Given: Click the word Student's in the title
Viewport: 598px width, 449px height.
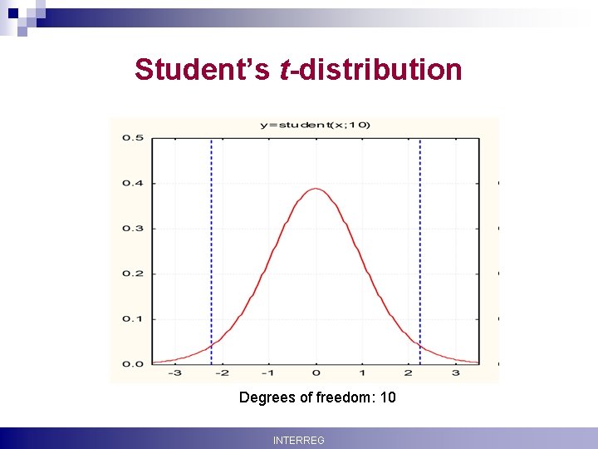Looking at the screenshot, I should (202, 70).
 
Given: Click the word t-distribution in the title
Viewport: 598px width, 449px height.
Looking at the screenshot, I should (370, 70).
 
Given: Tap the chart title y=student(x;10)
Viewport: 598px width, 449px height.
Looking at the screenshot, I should (316, 125).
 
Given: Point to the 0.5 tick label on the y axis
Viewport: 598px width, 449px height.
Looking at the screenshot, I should (132, 138).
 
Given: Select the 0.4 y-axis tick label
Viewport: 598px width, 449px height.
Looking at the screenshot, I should (132, 183).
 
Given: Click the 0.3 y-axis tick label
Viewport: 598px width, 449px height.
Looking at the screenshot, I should (132, 228).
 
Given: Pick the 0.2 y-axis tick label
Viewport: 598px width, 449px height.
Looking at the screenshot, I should (132, 274).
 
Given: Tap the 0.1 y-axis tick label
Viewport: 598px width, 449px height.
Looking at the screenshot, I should (132, 318).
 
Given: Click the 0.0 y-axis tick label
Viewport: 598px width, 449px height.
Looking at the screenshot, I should (132, 364).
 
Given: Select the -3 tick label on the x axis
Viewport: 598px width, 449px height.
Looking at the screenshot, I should (174, 374).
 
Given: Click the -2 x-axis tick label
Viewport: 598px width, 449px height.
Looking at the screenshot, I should (222, 374).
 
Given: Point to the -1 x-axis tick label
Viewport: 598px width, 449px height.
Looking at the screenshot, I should (268, 374).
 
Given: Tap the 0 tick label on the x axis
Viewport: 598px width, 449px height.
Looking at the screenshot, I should (316, 374).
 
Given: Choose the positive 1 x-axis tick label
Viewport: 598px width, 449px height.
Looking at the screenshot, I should (362, 374).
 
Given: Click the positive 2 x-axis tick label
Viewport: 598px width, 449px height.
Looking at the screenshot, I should (409, 374).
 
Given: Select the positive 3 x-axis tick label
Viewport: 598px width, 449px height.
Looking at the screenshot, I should (456, 374).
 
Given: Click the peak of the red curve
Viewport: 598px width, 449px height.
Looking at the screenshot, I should (316, 189).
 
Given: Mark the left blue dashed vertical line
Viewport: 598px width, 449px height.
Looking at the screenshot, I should (211, 249).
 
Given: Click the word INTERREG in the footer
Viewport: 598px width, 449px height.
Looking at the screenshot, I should (299, 440).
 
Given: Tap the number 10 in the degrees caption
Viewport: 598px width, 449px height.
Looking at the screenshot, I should (387, 397).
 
